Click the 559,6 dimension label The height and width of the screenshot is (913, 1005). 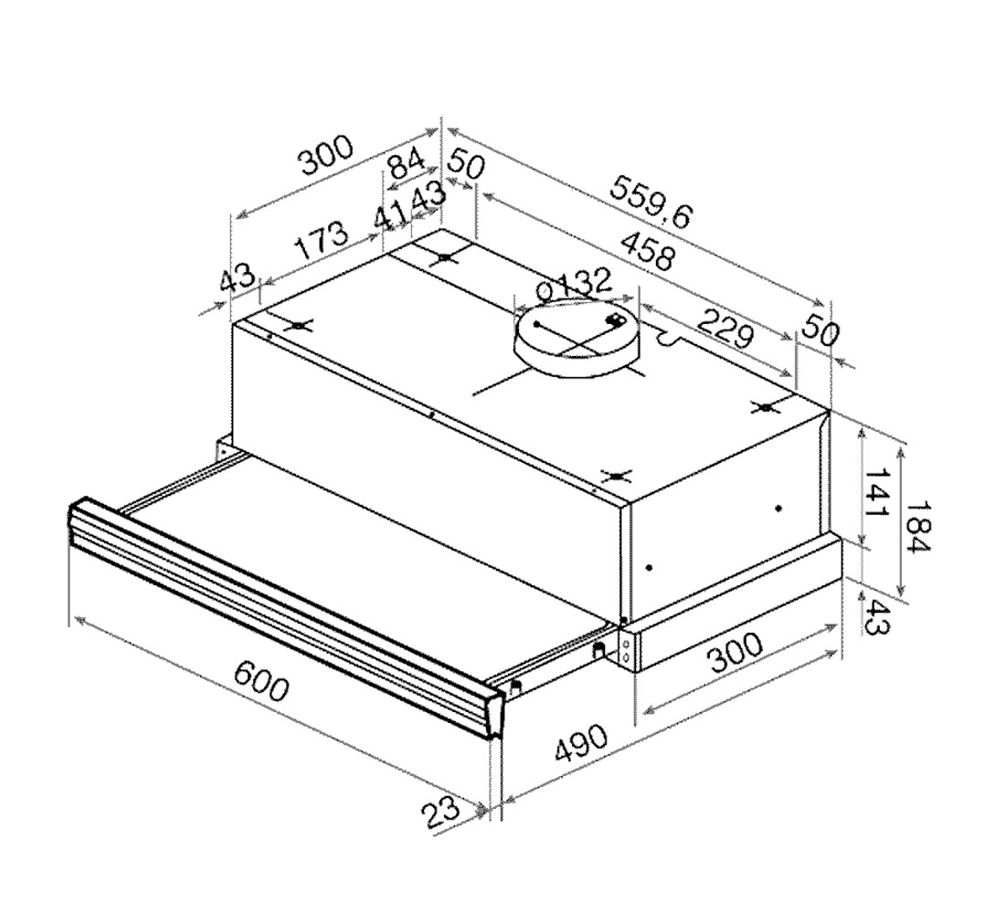click(651, 203)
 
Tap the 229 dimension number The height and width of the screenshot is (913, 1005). click(725, 328)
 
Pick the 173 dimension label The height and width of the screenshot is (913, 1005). click(322, 239)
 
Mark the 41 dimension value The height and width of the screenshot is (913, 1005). click(391, 218)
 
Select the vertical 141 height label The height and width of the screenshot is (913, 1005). click(876, 492)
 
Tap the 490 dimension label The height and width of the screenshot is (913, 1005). click(581, 743)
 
